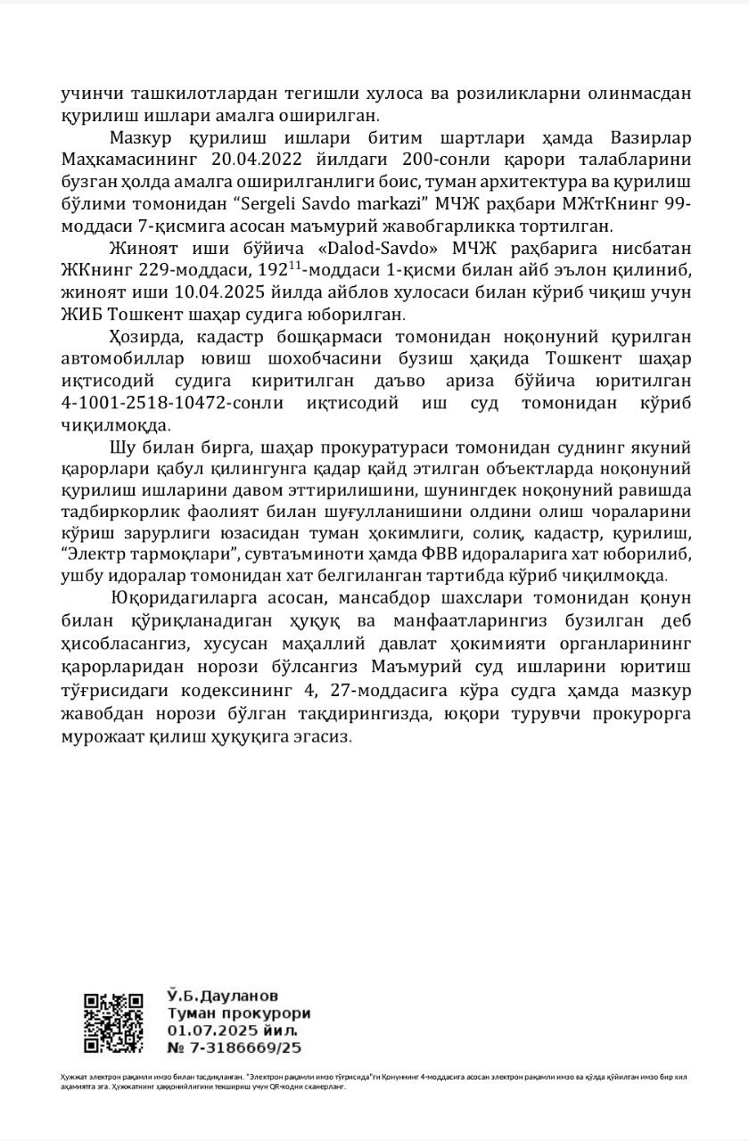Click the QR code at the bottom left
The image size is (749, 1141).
click(113, 1022)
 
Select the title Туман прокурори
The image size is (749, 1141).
click(238, 1013)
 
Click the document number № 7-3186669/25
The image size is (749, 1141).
click(234, 1047)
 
